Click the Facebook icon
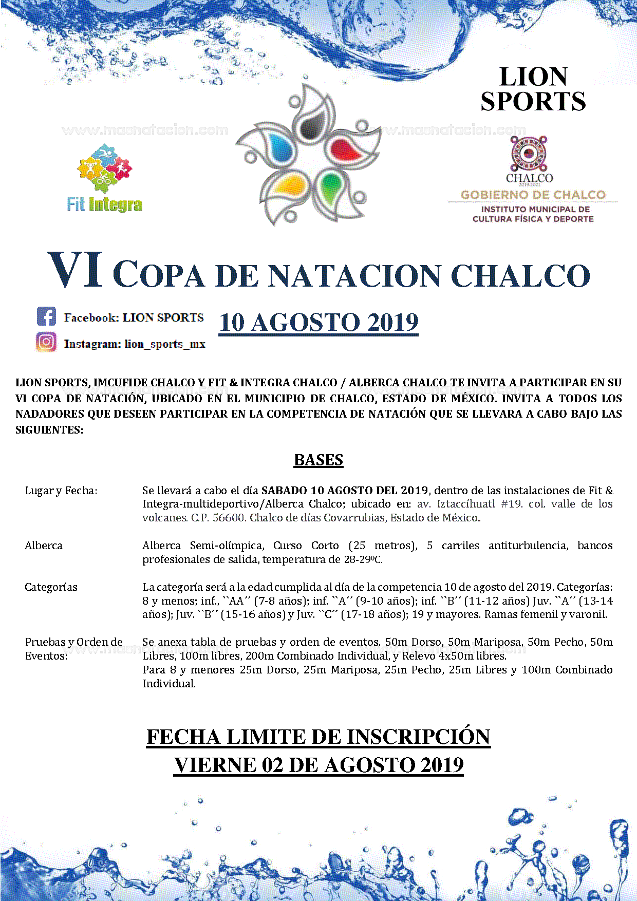[46, 316]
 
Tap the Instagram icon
[46, 342]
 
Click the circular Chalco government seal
[529, 153]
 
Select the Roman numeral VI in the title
[75, 271]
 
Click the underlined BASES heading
[318, 460]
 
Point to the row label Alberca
[44, 546]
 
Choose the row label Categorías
[51, 587]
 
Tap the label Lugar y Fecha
[61, 491]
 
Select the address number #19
[512, 504]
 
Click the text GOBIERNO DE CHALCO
[533, 195]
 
